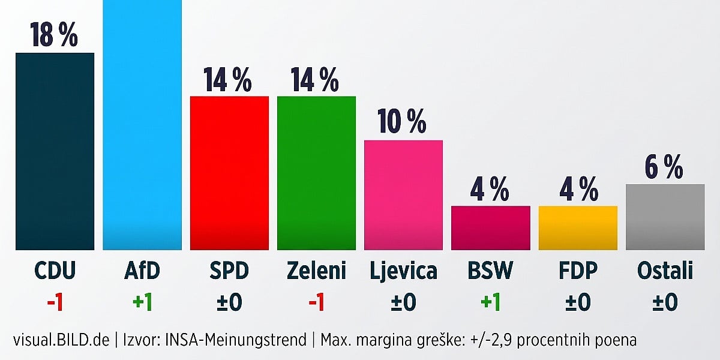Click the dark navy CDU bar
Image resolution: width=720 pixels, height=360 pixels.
(55, 151)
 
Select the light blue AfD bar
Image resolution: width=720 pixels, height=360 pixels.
(142, 125)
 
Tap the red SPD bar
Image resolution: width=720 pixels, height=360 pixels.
(229, 173)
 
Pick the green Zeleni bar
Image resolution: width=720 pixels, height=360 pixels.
(317, 173)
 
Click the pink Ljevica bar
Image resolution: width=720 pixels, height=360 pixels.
(403, 195)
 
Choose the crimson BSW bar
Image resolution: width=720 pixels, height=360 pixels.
(491, 228)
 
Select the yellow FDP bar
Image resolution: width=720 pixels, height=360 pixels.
(578, 228)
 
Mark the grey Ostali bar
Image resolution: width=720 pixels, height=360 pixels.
(665, 217)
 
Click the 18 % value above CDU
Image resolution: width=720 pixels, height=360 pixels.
(54, 35)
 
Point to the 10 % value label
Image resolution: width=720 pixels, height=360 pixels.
(402, 121)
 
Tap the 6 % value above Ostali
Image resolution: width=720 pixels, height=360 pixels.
(664, 167)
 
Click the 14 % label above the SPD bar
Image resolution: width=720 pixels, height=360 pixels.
(227, 79)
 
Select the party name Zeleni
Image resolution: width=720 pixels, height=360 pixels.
(316, 271)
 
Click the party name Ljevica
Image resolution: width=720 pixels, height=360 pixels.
(403, 272)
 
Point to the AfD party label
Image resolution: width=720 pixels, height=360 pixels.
(142, 271)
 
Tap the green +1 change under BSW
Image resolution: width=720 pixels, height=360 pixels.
(491, 302)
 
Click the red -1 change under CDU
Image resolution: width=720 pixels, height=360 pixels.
(55, 302)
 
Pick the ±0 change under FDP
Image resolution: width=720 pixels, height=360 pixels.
(578, 302)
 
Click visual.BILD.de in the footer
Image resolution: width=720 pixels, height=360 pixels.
(61, 340)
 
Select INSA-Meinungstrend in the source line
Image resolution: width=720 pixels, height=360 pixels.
(236, 340)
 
